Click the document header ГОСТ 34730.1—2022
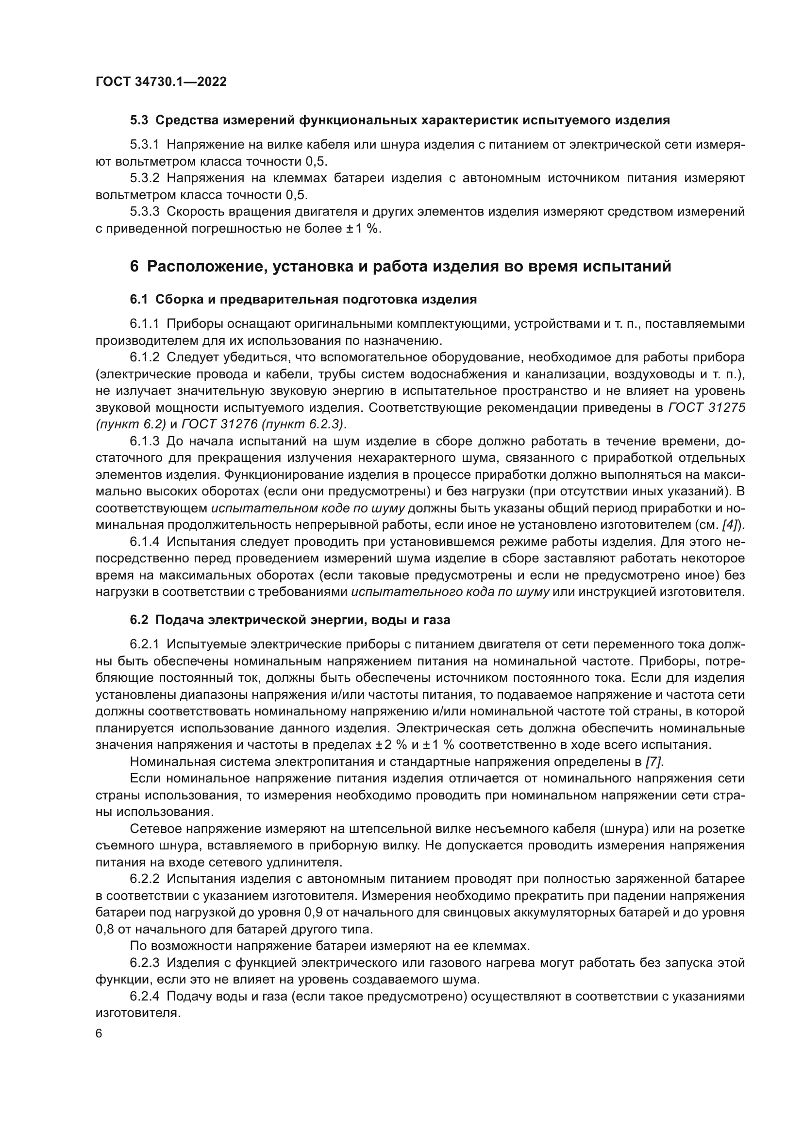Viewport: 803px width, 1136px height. point(161,82)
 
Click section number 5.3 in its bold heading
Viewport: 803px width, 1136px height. point(138,120)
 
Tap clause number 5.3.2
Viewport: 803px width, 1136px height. point(144,178)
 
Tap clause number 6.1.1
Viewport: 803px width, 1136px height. point(144,323)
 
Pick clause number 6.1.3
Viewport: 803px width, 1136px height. point(144,441)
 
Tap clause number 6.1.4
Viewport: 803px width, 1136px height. point(144,541)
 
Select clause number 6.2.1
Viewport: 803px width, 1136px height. point(144,644)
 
